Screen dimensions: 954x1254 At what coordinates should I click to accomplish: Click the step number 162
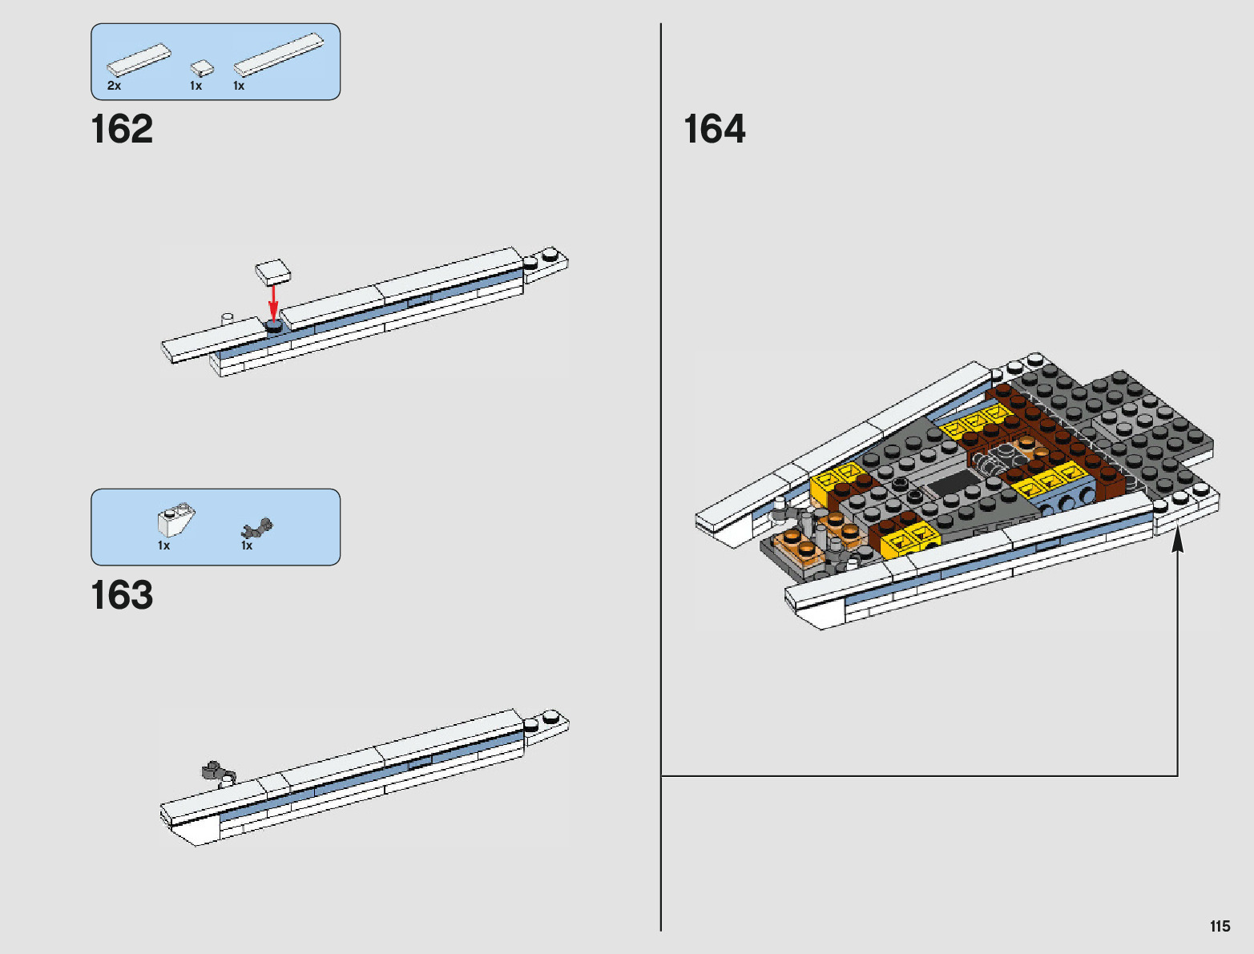[122, 130]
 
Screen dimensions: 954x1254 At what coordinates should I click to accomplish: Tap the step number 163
[122, 596]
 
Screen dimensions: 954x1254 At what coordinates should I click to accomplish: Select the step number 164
[714, 130]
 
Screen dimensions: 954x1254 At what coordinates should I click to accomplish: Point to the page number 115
[1220, 927]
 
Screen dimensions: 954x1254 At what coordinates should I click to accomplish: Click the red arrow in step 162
[273, 302]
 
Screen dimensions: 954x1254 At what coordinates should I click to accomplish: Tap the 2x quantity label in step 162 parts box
[115, 86]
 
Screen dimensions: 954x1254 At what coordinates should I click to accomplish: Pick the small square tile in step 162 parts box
[202, 67]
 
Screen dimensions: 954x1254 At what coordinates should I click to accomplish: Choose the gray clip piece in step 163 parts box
[257, 528]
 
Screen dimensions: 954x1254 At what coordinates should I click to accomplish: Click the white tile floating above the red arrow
[273, 272]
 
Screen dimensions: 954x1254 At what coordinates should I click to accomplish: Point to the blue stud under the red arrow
[274, 327]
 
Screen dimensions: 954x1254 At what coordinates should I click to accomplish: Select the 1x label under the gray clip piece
[247, 546]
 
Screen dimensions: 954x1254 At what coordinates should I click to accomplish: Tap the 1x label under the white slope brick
[163, 546]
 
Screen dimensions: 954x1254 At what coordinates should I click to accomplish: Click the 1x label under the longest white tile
[239, 86]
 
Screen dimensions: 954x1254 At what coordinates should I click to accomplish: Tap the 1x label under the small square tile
[196, 86]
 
